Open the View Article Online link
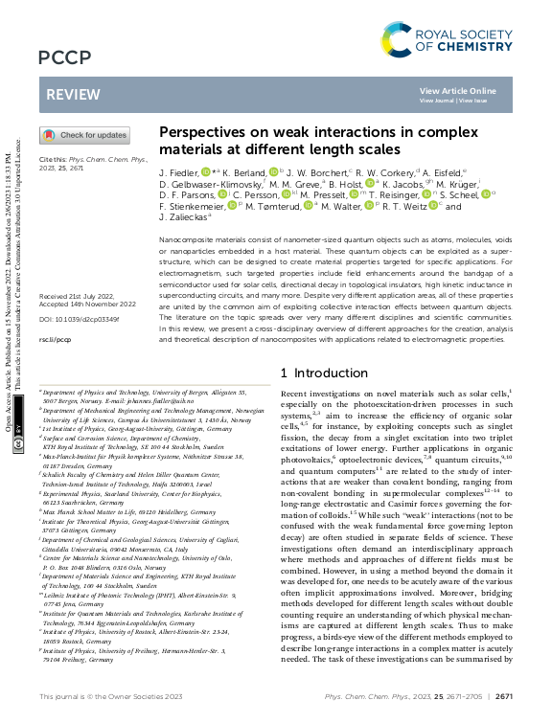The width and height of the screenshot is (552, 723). click(458, 90)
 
